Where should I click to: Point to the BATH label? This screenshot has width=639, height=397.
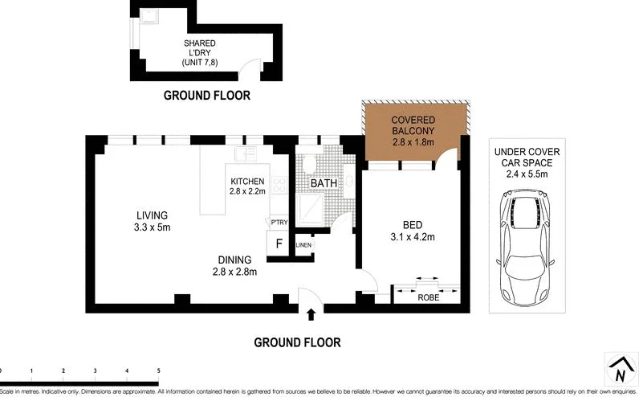[324, 184]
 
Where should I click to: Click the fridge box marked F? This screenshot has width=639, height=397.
[279, 244]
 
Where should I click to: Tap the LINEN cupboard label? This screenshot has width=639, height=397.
[303, 245]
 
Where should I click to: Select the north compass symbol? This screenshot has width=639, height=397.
[618, 370]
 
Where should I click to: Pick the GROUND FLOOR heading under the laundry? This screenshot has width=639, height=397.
[207, 95]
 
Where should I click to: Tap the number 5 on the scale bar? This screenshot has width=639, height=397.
[159, 370]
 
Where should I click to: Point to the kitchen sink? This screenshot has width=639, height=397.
[245, 153]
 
